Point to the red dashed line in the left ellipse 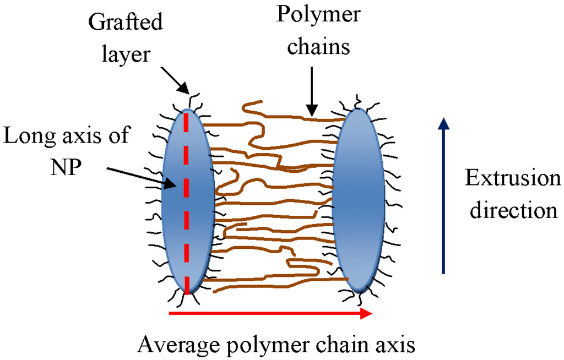click(187, 220)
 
